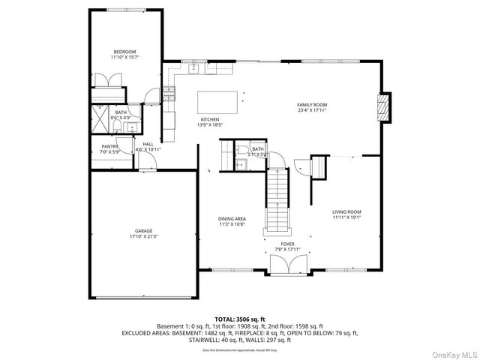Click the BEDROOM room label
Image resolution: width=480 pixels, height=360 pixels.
[125, 52]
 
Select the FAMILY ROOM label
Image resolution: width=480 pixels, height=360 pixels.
[312, 104]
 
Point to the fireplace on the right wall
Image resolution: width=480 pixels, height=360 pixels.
[384, 107]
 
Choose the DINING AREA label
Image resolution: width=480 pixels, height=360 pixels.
[232, 218]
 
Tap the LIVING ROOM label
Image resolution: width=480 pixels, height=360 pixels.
[347, 212]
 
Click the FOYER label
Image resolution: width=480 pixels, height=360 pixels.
[288, 244]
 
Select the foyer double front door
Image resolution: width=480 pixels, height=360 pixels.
[288, 265]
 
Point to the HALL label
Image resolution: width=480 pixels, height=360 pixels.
[148, 144]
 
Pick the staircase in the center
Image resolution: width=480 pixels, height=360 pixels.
[278, 199]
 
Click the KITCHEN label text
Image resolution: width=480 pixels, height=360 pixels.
[209, 119]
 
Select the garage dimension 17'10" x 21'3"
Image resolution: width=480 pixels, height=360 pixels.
[144, 236]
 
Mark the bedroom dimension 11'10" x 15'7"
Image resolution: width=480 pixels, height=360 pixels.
[125, 58]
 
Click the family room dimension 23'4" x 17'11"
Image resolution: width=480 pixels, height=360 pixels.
[312, 110]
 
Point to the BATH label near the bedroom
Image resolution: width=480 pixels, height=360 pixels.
[121, 112]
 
